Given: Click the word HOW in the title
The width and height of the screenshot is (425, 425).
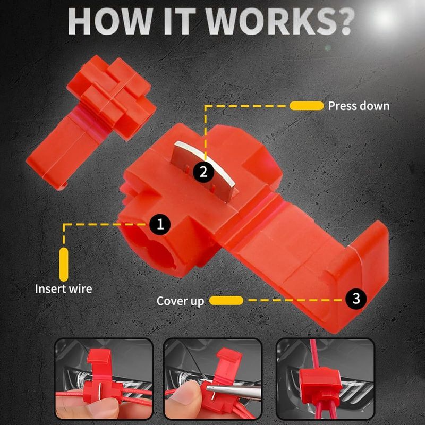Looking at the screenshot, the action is point(110,21).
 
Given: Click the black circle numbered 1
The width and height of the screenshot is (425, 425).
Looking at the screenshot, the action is point(160,224).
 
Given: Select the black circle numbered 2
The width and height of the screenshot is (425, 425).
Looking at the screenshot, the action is point(203,172).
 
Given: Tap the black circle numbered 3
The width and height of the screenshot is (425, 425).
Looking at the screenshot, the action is point(356,299).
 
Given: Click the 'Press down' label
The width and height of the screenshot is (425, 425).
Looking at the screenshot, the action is point(359,106).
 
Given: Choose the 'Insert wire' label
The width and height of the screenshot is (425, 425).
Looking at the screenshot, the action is point(63,288).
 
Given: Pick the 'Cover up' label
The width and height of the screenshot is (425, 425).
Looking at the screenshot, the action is point(180,301).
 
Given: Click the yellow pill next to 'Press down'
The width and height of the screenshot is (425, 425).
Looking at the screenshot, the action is point(307,106).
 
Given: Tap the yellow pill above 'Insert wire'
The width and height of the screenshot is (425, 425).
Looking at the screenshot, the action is point(64,264).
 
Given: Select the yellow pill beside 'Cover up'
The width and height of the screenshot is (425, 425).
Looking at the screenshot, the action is point(226,300).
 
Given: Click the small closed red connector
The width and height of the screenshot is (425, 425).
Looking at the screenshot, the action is point(91,121).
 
